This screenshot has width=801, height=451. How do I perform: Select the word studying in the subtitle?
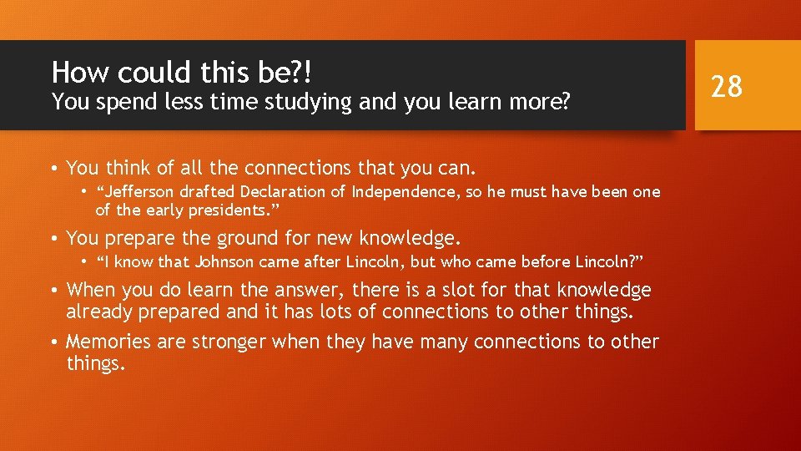click(x=285, y=103)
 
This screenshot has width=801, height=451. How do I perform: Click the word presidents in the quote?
click(x=220, y=209)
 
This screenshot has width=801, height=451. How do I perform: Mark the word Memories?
click(x=109, y=342)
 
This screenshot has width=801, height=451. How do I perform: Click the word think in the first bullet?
click(x=123, y=168)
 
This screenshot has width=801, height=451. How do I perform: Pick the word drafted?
click(x=213, y=192)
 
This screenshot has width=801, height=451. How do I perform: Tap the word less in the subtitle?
click(x=159, y=103)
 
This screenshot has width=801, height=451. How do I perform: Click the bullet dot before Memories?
click(x=53, y=342)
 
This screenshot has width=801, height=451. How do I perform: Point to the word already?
click(x=97, y=312)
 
